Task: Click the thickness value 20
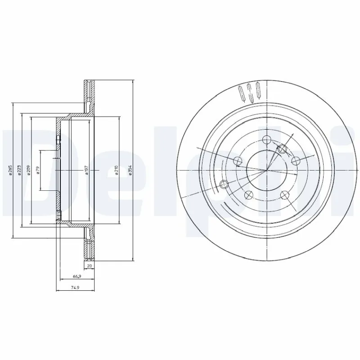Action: pos(90,266)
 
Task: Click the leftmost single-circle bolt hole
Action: pos(238,160)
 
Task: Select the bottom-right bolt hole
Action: pos(284,194)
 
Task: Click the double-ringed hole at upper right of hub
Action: pos(282,149)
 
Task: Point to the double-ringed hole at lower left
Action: pos(225,184)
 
